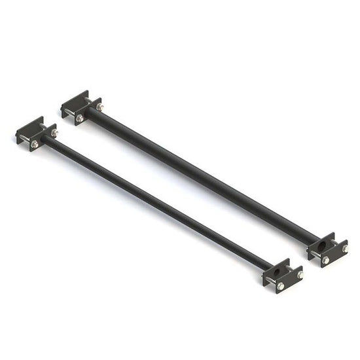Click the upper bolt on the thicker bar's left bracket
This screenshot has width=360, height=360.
(99, 107)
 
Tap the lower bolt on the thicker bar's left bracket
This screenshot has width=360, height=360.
(80, 118)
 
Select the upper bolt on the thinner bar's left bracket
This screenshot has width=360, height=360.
(54, 133)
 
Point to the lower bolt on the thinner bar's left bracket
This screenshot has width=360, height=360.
(34, 144)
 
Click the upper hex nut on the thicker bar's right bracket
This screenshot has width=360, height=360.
(345, 248)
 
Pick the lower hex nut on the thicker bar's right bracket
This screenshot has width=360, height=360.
(325, 260)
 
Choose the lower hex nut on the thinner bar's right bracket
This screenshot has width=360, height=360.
(280, 286)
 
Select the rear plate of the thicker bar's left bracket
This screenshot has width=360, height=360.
(74, 99)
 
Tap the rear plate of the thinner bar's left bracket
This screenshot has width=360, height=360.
(29, 125)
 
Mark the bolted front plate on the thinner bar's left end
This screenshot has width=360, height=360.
(45, 139)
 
